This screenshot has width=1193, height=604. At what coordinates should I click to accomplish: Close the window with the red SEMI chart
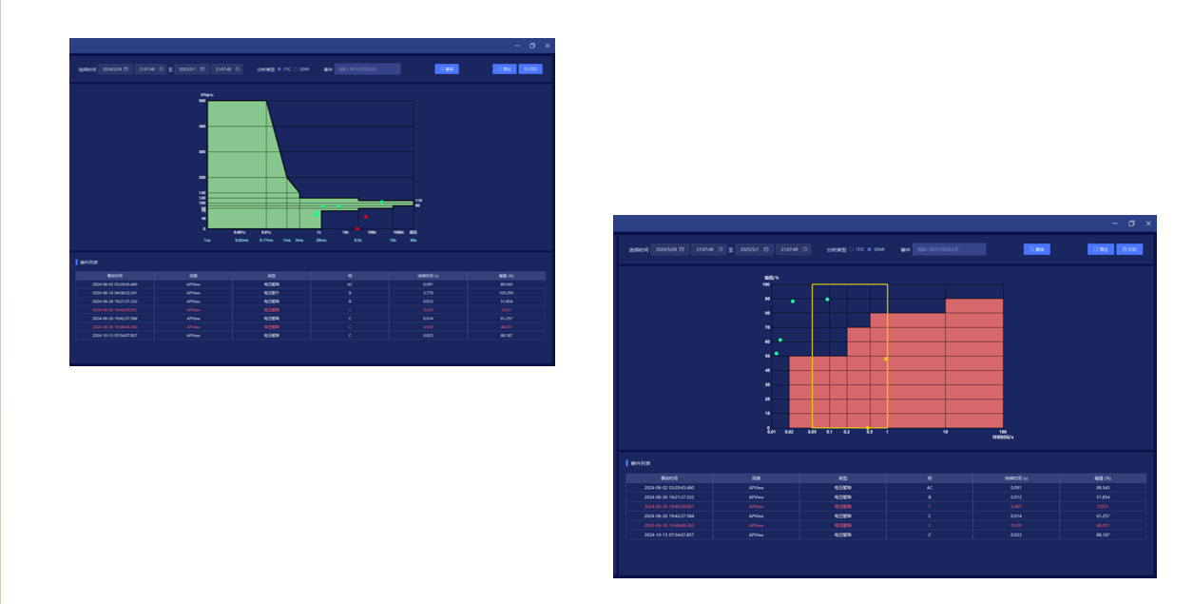pos(1148,223)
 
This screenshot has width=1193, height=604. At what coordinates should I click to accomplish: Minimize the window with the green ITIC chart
pos(517,46)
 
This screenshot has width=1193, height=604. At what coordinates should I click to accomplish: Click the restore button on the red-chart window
pos(1131,223)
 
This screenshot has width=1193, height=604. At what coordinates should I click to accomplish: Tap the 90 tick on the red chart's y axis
pos(766,299)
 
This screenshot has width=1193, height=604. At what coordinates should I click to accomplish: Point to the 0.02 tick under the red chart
pos(789,432)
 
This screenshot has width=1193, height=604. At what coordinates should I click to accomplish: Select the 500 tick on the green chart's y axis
pos(202,101)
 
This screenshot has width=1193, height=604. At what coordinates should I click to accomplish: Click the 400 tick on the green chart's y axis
pos(202,127)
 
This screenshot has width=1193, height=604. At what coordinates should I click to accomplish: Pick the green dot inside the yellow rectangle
pos(827,300)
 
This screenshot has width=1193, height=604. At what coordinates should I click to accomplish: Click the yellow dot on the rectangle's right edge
pos(887,359)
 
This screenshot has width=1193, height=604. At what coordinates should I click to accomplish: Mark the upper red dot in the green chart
pos(366,217)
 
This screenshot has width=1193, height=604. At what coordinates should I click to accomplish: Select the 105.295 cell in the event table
pos(506,293)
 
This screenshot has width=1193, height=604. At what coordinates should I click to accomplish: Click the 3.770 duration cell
pos(428,293)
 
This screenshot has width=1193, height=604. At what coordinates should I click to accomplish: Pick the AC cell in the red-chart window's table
pos(929,487)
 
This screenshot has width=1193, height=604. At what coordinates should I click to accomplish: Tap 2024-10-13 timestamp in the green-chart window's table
pos(114,336)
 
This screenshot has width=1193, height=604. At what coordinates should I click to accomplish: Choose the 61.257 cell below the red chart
pos(1103,515)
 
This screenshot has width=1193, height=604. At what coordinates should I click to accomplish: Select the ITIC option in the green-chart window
pos(279,68)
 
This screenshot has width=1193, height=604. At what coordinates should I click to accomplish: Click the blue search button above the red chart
pos(1036,249)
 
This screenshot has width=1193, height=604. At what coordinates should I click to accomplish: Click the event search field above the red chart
pos(949,249)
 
